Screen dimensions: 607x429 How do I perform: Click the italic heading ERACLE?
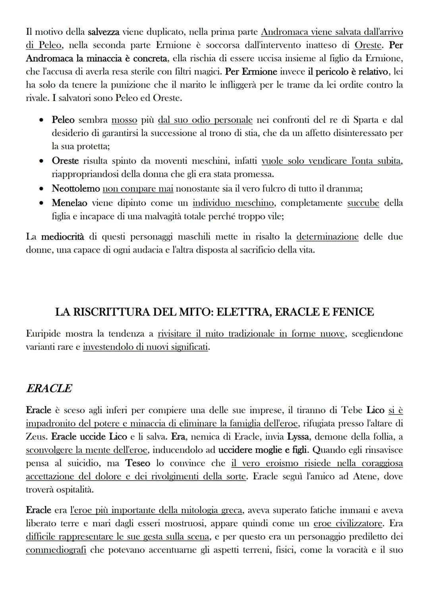(x=49, y=388)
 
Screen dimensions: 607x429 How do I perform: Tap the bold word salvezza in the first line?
(x=104, y=31)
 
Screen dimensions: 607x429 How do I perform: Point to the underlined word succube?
(x=363, y=203)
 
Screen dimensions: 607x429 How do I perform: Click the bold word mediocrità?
(x=63, y=237)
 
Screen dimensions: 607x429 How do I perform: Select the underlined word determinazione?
(x=327, y=237)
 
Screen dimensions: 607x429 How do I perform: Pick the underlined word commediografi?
(x=56, y=550)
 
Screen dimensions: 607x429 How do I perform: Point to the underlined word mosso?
(x=124, y=120)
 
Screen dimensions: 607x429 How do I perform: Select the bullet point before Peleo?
(x=42, y=120)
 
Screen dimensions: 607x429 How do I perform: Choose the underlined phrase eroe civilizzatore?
(x=348, y=524)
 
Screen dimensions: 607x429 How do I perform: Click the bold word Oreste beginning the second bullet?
(x=66, y=161)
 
